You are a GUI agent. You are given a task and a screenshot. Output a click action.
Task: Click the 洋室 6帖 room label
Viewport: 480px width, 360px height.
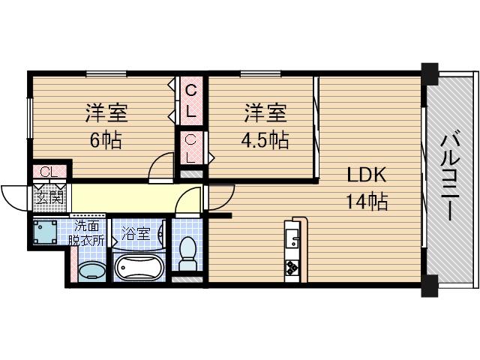[x=105, y=126]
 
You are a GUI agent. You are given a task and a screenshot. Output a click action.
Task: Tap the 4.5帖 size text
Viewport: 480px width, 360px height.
[x=265, y=139]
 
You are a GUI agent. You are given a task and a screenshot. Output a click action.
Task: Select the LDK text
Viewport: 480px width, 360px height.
[x=365, y=176]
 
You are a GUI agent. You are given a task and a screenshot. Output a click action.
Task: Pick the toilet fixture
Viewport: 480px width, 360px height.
[x=188, y=253]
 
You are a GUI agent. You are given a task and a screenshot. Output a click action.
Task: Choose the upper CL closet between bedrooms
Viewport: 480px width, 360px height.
[x=191, y=101]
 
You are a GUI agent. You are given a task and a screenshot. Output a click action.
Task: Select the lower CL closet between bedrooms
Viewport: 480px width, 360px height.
[x=191, y=148]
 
